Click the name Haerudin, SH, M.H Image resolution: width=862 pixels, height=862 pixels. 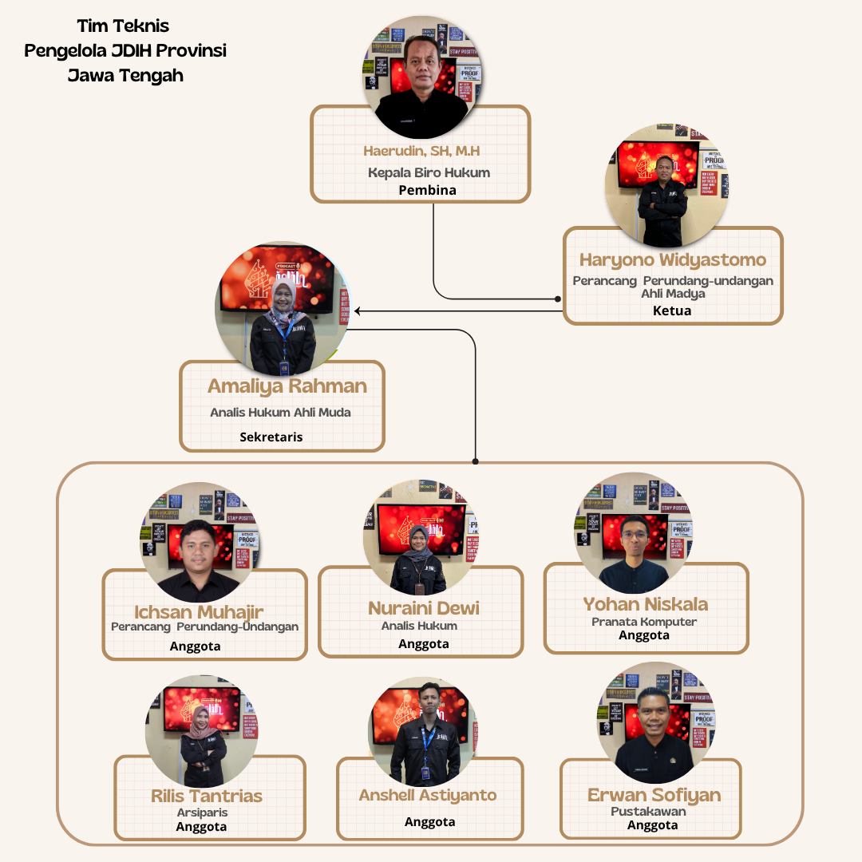421,151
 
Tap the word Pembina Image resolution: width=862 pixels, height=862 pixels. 427,190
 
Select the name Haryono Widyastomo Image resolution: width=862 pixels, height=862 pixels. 672,260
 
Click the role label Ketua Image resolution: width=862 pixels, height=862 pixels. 672,310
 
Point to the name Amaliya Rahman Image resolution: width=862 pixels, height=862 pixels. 287,386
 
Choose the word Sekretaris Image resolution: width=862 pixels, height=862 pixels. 271,437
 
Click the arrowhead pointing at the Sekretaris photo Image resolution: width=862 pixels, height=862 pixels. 358,311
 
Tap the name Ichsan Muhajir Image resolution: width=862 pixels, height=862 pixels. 199,612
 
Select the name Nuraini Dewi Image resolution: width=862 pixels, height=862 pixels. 423,608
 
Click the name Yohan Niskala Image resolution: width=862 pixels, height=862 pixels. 646,605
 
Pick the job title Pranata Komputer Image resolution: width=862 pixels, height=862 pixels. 644,622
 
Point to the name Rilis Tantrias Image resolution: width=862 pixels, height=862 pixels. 207,796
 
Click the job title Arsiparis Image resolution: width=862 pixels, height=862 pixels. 202,813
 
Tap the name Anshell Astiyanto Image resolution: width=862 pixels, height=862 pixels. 428,796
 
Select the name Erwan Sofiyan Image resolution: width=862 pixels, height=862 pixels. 654,795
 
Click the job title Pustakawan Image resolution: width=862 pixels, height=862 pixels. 648,812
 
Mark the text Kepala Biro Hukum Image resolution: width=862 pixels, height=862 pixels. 429,172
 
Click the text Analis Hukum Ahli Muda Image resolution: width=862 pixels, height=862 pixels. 280,413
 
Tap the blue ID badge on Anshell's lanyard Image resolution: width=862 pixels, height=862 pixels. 425,773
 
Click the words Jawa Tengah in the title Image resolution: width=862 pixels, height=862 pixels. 125,75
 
